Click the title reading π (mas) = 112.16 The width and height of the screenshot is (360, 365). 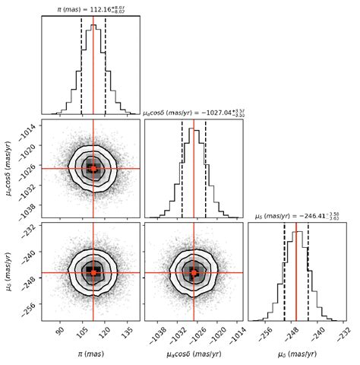(x=91, y=9)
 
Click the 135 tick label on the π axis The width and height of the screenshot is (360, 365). (x=128, y=332)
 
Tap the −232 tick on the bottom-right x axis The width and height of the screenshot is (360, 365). (x=343, y=332)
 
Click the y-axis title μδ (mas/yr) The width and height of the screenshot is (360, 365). (x=9, y=271)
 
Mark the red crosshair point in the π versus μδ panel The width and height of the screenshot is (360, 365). (x=93, y=271)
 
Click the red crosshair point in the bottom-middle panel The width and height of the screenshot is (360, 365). (x=194, y=271)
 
